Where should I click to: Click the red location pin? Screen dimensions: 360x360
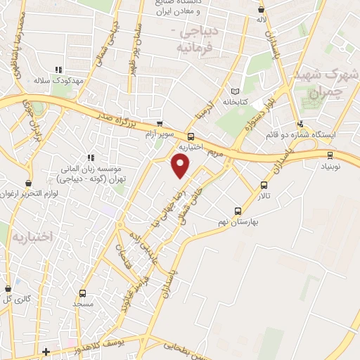(181, 167)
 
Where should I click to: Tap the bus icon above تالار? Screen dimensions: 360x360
(264, 186)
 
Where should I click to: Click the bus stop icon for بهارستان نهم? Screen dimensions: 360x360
(238, 210)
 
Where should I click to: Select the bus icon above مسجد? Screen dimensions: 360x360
(82, 293)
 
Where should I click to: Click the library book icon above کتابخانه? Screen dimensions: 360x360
(235, 91)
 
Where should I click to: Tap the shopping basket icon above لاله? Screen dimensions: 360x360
(262, 10)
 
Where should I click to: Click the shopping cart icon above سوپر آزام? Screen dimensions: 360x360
(160, 123)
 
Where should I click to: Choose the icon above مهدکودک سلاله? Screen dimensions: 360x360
(58, 70)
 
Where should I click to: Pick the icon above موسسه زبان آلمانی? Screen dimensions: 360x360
(89, 157)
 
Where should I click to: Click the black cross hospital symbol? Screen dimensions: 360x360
(46, 351)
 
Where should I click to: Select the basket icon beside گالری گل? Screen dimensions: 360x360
(8, 288)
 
